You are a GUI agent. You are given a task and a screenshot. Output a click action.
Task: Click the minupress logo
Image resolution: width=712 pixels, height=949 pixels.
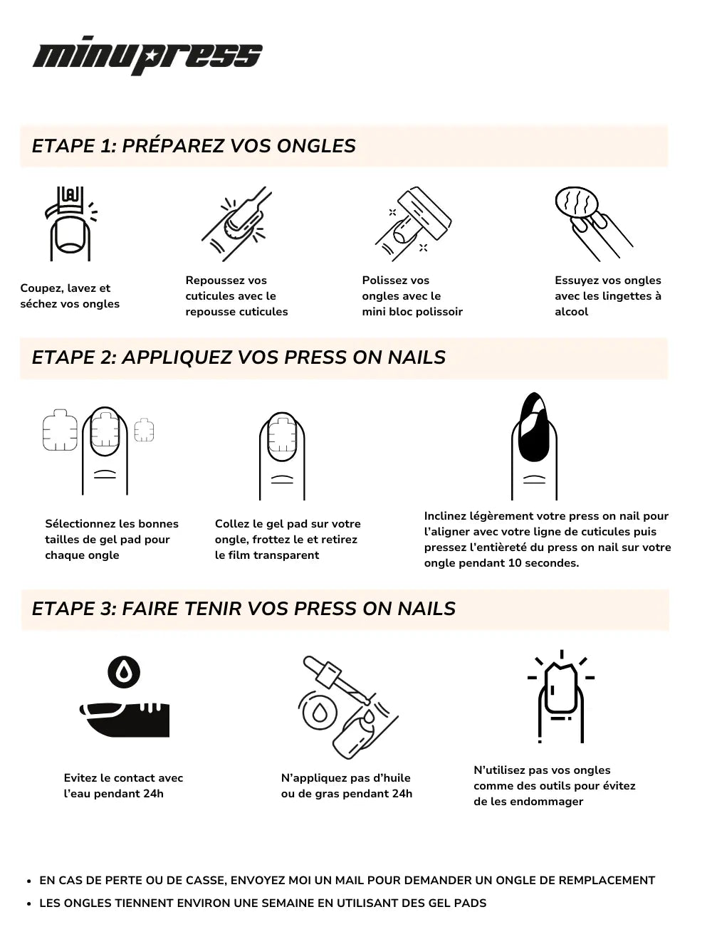[147, 56]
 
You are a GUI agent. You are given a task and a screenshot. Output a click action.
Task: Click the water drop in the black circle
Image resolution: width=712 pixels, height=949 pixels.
[124, 672]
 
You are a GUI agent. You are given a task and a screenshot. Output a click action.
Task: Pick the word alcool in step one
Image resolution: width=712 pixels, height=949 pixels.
[571, 312]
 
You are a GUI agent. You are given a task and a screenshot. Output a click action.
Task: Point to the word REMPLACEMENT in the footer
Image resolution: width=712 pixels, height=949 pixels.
[607, 881]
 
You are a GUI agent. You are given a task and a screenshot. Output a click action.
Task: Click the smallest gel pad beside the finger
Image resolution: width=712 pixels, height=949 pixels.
[144, 430]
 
